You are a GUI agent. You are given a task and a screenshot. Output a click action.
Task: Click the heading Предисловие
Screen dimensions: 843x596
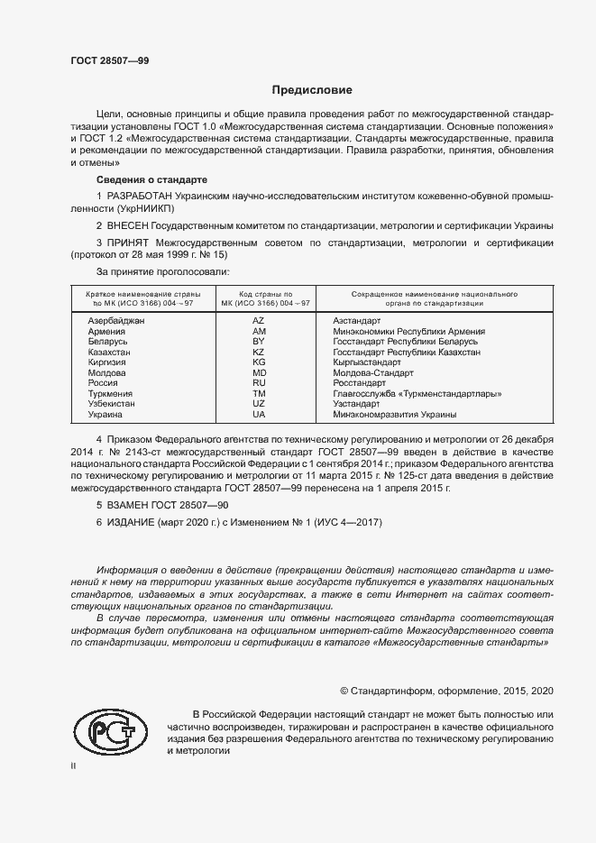pyautogui.click(x=312, y=90)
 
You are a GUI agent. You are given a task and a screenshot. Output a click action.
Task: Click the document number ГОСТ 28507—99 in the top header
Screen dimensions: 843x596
pyautogui.click(x=110, y=61)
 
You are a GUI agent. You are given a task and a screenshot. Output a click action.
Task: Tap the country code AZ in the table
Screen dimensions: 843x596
pyautogui.click(x=259, y=321)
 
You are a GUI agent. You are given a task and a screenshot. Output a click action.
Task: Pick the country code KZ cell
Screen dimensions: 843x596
pyautogui.click(x=259, y=353)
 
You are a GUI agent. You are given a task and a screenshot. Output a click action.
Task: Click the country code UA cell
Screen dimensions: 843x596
pyautogui.click(x=259, y=415)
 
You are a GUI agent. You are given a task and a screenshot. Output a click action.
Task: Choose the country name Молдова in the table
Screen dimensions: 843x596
pyautogui.click(x=105, y=373)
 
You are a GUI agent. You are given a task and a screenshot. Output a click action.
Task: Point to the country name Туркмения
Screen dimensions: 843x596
pyautogui.click(x=110, y=394)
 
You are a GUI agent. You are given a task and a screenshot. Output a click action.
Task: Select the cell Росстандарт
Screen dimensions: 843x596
pyautogui.click(x=361, y=383)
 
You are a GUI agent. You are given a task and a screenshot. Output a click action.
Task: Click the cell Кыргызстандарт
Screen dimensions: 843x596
pyautogui.click(x=366, y=362)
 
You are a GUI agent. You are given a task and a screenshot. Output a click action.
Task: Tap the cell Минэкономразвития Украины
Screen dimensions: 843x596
pyautogui.click(x=394, y=415)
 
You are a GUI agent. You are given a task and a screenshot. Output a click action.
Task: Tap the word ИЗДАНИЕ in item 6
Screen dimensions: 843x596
pyautogui.click(x=136, y=524)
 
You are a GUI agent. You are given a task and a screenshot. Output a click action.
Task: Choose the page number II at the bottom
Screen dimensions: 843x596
pyautogui.click(x=75, y=766)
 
